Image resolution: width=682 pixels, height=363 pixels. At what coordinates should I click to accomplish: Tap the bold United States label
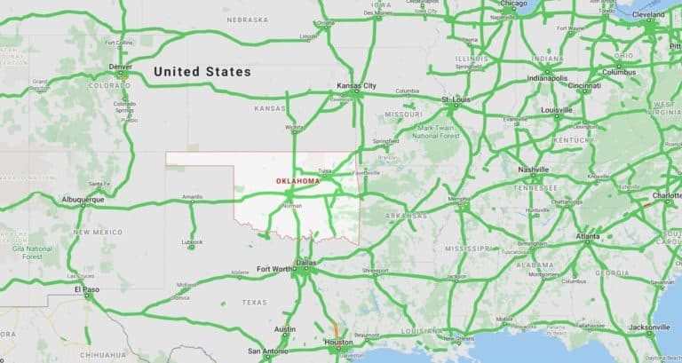coord(202,71)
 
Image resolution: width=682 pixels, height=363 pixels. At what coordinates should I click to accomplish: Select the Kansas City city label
coord(356,86)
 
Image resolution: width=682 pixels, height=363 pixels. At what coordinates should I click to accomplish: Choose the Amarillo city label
coord(192,196)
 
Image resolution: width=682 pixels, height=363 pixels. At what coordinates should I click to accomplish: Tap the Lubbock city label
coord(191,241)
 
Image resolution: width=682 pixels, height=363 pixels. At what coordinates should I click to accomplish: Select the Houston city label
coord(337,343)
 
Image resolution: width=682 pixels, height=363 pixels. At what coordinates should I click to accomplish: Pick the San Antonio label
coord(266,351)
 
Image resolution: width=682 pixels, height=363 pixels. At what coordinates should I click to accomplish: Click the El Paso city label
coord(85,289)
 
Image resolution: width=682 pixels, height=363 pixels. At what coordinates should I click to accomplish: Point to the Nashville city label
coord(534,170)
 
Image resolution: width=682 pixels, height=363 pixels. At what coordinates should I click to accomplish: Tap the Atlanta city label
coord(587,237)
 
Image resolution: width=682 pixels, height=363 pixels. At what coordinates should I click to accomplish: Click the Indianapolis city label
coord(546,76)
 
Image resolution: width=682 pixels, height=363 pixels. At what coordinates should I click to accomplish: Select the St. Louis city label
coord(456,100)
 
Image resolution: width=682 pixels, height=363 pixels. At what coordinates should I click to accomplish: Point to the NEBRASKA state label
coord(247,20)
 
